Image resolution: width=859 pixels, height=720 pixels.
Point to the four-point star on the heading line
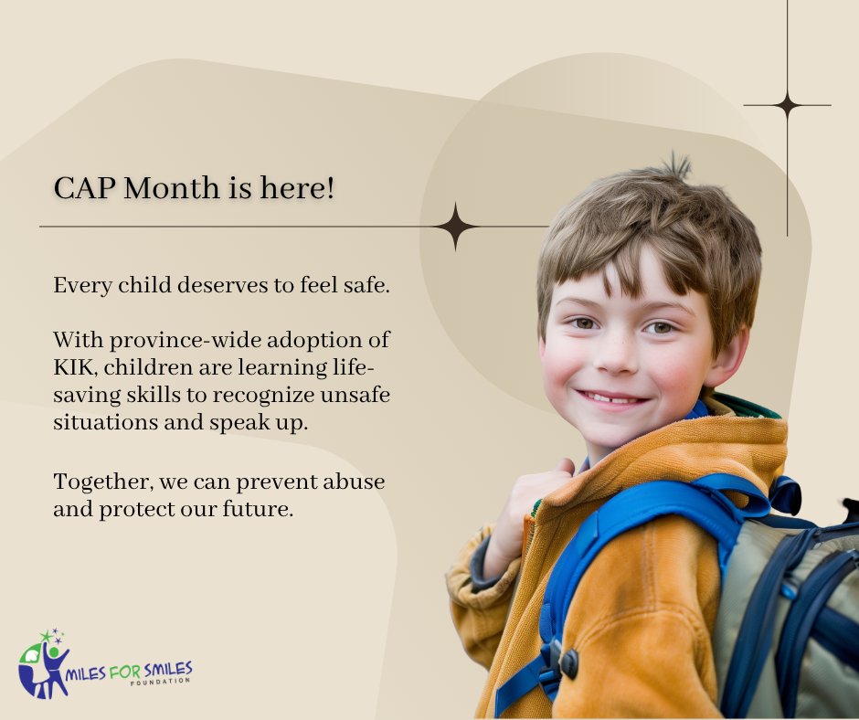tap(455, 227)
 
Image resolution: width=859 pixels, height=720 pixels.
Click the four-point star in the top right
tap(787, 106)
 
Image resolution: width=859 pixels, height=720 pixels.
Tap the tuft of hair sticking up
tap(676, 167)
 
